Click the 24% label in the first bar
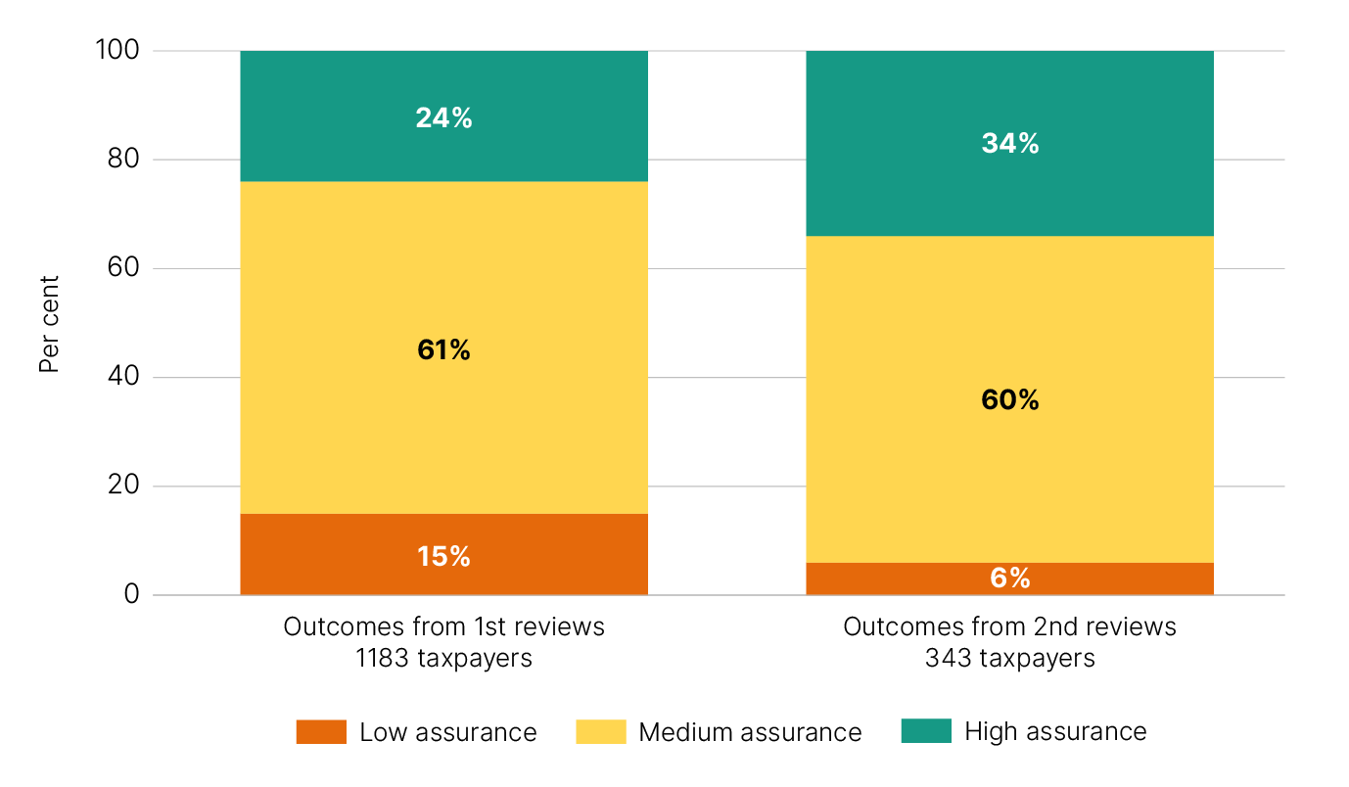443,118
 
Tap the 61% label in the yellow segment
443,349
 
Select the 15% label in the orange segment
443,556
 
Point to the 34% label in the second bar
1009,144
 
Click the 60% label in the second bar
1009,399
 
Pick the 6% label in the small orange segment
1009,579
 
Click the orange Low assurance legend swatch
321,732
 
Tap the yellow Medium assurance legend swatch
601,732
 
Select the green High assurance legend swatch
926,731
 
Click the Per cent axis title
50,324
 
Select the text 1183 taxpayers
443,658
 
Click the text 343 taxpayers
1009,658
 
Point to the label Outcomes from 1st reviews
443,626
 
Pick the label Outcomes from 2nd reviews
1009,626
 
